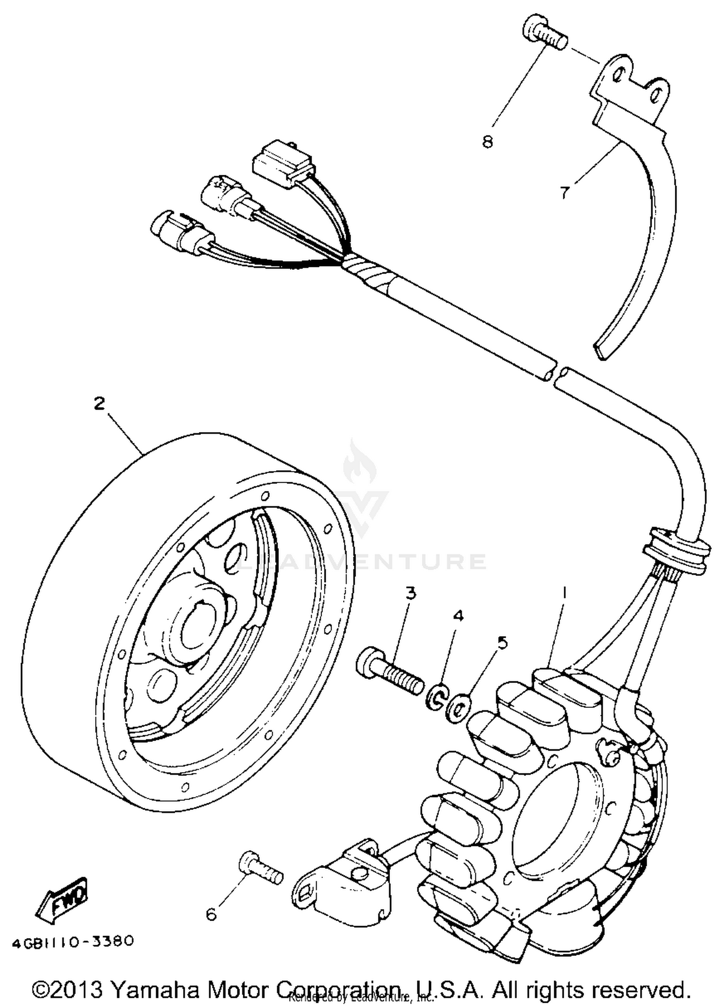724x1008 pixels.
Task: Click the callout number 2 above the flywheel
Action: [x=99, y=404]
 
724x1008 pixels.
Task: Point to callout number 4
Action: [x=458, y=616]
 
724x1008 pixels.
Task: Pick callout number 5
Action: [x=502, y=643]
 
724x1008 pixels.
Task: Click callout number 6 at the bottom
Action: [x=211, y=913]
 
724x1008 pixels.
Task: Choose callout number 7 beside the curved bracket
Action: [x=564, y=192]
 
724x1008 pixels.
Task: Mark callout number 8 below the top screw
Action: [x=487, y=141]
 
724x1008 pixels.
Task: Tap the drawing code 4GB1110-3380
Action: [x=72, y=941]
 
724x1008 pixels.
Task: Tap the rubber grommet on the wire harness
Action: [x=676, y=550]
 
